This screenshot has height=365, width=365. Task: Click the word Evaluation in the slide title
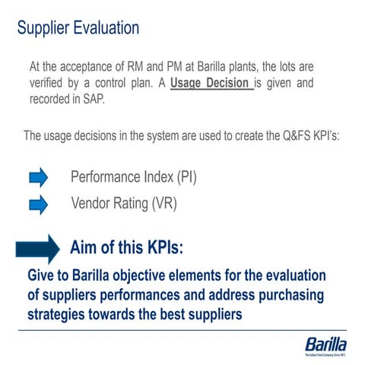[100, 28]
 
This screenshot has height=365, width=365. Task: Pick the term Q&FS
[280, 136]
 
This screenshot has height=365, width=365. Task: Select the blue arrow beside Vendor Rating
[38, 205]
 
